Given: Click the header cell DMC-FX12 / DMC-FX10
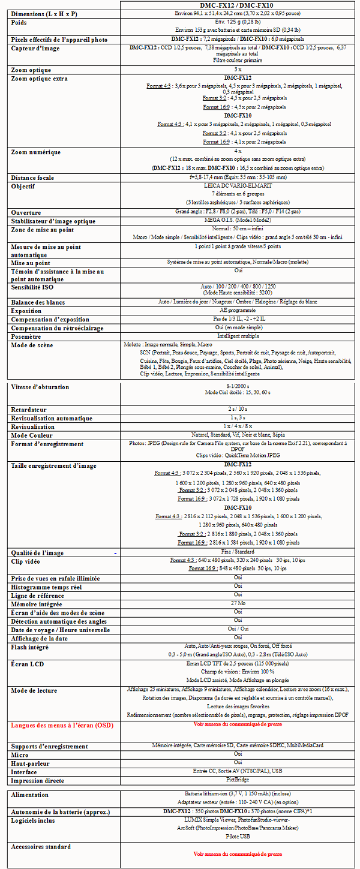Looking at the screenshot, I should (x=237, y=5).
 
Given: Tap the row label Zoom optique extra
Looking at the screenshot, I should (x=40, y=79).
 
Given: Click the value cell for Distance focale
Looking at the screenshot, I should (x=238, y=178).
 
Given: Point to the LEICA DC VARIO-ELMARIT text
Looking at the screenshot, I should (x=238, y=186).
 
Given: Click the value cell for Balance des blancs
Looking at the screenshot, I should (x=238, y=302).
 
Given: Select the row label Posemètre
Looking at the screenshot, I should (x=30, y=336).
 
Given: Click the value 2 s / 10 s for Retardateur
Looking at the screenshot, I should (x=238, y=410).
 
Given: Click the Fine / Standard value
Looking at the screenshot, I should (x=238, y=552).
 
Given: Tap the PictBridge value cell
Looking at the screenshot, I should (x=238, y=780).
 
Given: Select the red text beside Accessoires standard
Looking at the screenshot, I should (x=238, y=853).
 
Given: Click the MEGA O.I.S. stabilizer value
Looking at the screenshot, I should (x=238, y=221).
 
